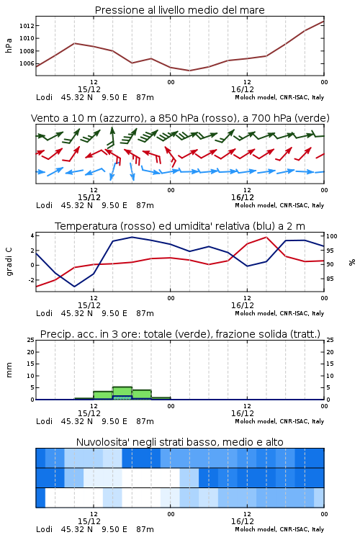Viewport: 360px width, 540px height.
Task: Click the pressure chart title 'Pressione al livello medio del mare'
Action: click(x=180, y=10)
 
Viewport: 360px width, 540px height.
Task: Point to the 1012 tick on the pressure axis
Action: click(x=27, y=26)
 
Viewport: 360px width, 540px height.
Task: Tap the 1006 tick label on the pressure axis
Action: click(x=27, y=63)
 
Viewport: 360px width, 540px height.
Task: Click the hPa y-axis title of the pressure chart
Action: click(x=9, y=45)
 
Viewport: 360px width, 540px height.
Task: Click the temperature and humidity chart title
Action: click(x=180, y=226)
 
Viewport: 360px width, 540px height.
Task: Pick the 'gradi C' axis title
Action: click(x=9, y=261)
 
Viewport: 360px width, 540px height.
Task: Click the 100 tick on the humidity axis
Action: click(x=332, y=236)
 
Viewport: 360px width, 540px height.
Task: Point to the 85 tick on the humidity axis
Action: click(x=330, y=279)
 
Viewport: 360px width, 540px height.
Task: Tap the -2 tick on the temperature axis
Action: click(x=32, y=280)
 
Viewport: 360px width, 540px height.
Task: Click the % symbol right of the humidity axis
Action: click(x=352, y=262)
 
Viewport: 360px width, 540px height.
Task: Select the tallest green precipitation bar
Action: click(x=122, y=393)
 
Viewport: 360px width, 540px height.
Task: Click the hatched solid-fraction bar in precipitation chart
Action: click(x=122, y=397)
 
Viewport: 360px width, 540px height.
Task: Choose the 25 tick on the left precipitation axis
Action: click(x=31, y=341)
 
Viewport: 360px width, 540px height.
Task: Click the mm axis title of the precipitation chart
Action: click(x=9, y=370)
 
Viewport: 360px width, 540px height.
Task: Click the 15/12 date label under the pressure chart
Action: click(x=89, y=89)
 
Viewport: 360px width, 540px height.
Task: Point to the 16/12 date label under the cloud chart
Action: click(x=243, y=521)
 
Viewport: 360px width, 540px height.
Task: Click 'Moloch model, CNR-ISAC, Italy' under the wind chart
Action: click(x=279, y=206)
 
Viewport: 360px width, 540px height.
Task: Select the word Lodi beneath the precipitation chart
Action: click(x=45, y=421)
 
